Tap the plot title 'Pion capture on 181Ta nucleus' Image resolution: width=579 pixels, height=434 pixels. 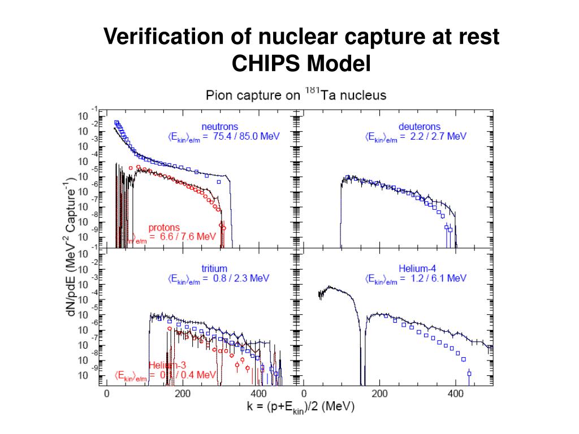(x=296, y=94)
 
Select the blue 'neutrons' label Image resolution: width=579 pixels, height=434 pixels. (x=220, y=127)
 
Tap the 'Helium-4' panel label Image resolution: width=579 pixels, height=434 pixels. (x=417, y=268)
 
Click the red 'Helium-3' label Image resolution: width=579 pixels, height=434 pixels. (x=167, y=365)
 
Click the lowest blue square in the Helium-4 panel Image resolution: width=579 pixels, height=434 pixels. (x=469, y=374)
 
